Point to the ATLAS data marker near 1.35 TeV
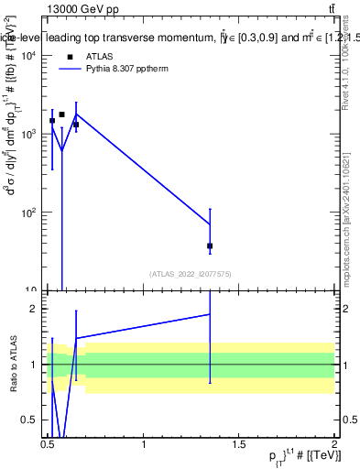pos(210,245)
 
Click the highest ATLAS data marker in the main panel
pos(61,115)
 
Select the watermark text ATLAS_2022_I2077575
pos(191,273)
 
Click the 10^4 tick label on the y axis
pos(29,56)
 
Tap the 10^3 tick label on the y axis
pos(29,135)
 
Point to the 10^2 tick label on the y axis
pos(29,213)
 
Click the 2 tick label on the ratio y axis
pos(37,309)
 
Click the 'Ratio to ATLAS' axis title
pos(13,365)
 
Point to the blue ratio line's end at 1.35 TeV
pos(210,314)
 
